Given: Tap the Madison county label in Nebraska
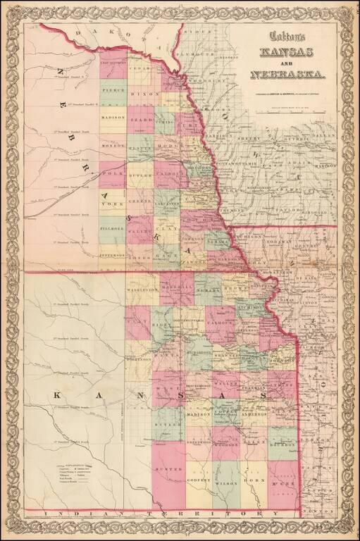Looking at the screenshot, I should pos(113,117).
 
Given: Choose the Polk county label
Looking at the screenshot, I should pos(112,173).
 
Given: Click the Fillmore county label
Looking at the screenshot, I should pos(112,229).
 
